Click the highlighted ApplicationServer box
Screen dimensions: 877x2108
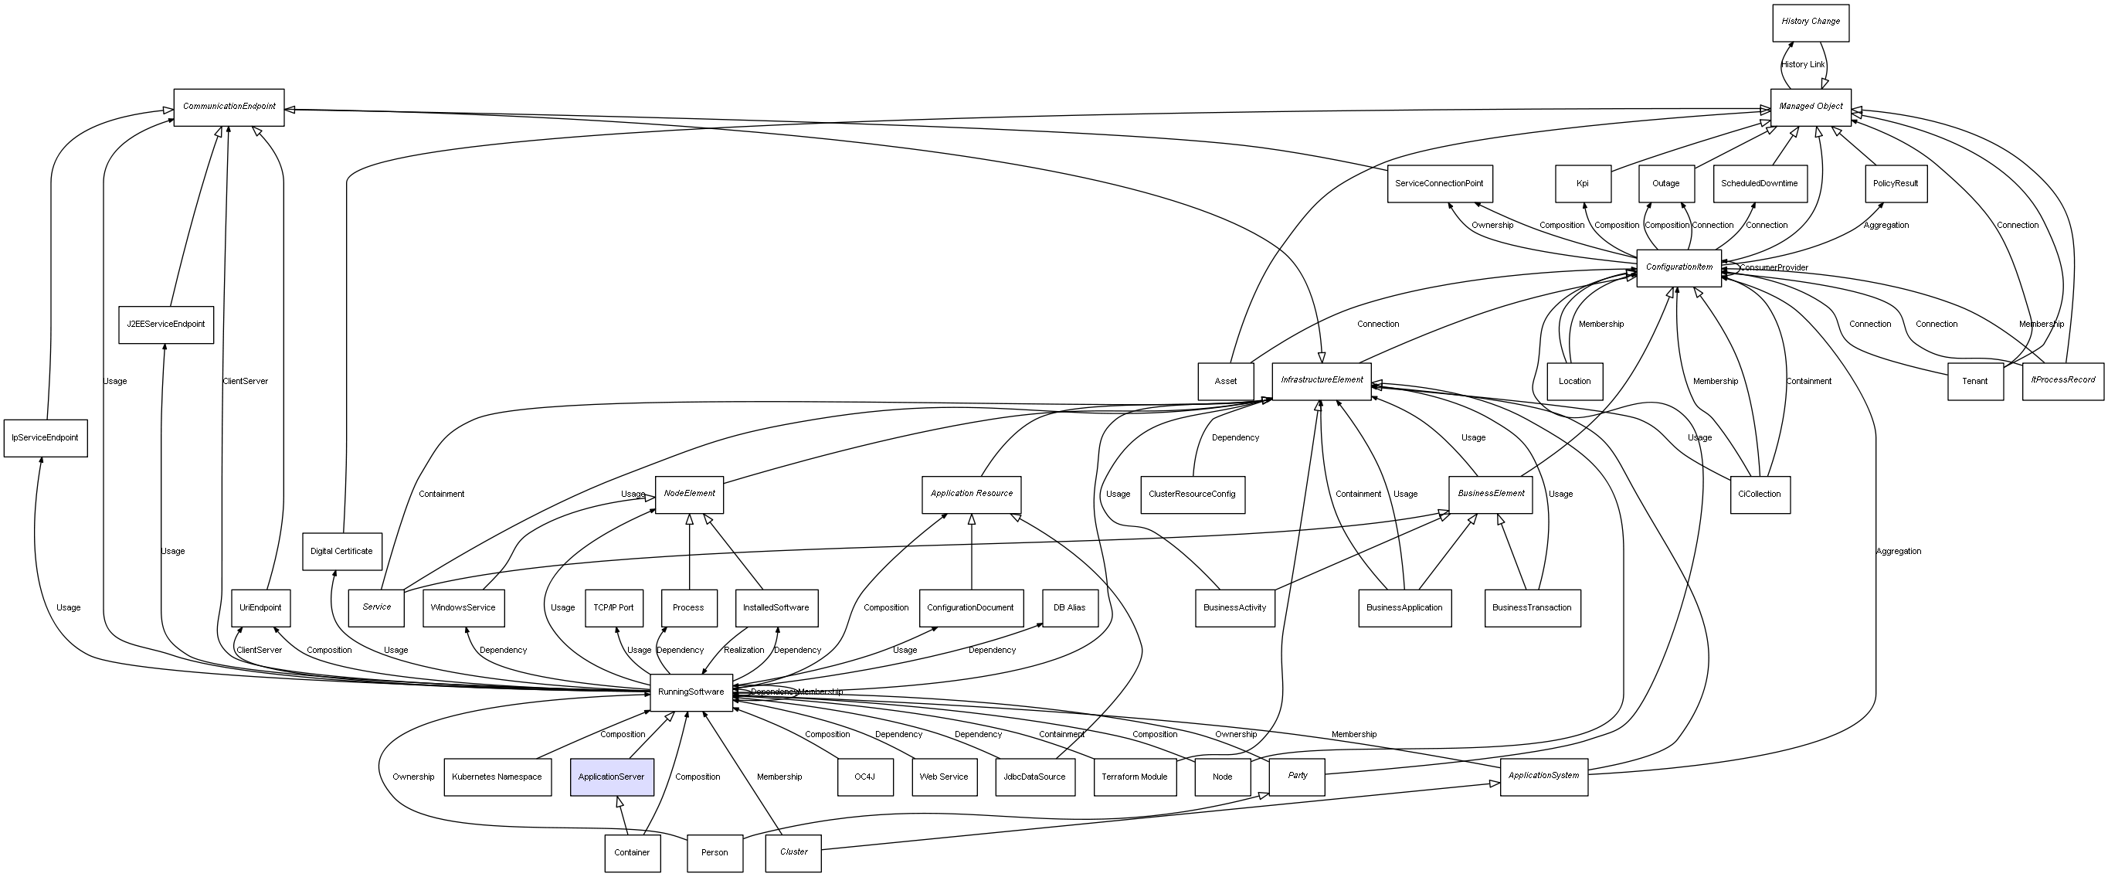(x=611, y=777)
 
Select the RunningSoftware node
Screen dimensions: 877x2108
(x=691, y=692)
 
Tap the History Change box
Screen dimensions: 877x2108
(x=1810, y=22)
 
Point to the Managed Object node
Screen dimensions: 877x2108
(x=1810, y=107)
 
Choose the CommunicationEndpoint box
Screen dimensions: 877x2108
(x=229, y=107)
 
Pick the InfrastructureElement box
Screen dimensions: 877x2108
(x=1321, y=381)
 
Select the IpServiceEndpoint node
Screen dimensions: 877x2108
(x=45, y=437)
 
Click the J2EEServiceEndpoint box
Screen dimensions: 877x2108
(x=165, y=325)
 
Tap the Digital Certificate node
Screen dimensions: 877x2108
(x=341, y=551)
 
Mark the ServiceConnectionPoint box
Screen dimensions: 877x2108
(x=1438, y=183)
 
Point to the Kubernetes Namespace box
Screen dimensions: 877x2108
(x=497, y=777)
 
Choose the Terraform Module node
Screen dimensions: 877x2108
(x=1134, y=777)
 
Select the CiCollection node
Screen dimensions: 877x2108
(x=1760, y=495)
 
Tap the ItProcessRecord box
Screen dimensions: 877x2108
(x=2062, y=381)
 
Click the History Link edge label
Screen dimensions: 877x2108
(x=1803, y=65)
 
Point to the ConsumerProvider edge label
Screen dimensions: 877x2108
(x=1774, y=268)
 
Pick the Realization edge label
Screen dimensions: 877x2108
(x=744, y=650)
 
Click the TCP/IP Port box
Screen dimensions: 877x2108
(x=614, y=607)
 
